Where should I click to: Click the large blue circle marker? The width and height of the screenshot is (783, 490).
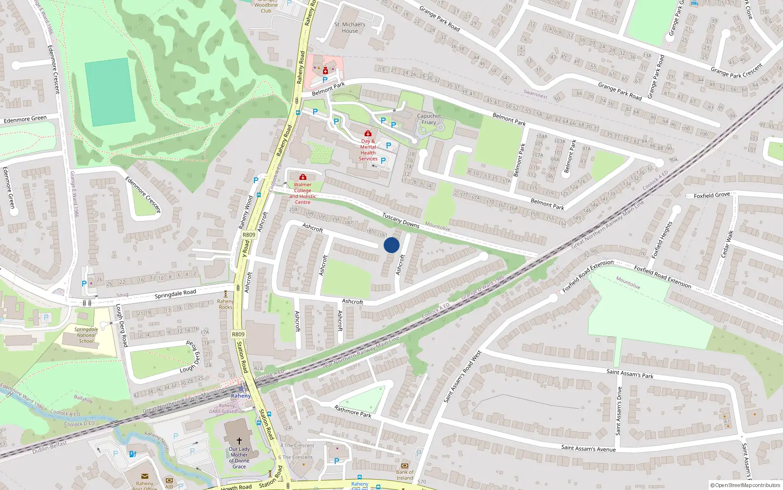[x=391, y=245]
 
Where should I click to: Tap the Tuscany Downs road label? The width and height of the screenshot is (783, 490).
[x=400, y=220]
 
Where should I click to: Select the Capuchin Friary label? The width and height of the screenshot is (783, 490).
[x=429, y=119]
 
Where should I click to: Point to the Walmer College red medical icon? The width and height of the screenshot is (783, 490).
[x=303, y=177]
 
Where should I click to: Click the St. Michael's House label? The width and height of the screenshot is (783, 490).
[x=349, y=27]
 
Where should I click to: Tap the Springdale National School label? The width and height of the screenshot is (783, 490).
[x=86, y=335]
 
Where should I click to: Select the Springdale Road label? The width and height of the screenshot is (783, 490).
[x=175, y=294]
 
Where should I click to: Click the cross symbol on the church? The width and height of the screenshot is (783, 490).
[x=239, y=441]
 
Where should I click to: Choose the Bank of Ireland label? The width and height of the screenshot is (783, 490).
[x=405, y=475]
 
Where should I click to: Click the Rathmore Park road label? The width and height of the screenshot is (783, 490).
[x=352, y=411]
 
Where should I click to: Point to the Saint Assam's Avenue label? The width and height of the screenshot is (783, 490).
[x=588, y=448]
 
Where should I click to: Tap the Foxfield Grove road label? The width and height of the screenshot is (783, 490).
[x=712, y=195]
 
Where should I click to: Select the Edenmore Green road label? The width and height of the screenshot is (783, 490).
[x=25, y=119]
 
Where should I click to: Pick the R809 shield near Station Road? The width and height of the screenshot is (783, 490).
[x=238, y=334]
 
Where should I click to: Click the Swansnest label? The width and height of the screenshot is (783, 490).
[x=535, y=94]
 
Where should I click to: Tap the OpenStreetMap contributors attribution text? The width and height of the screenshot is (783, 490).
[x=745, y=485]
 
